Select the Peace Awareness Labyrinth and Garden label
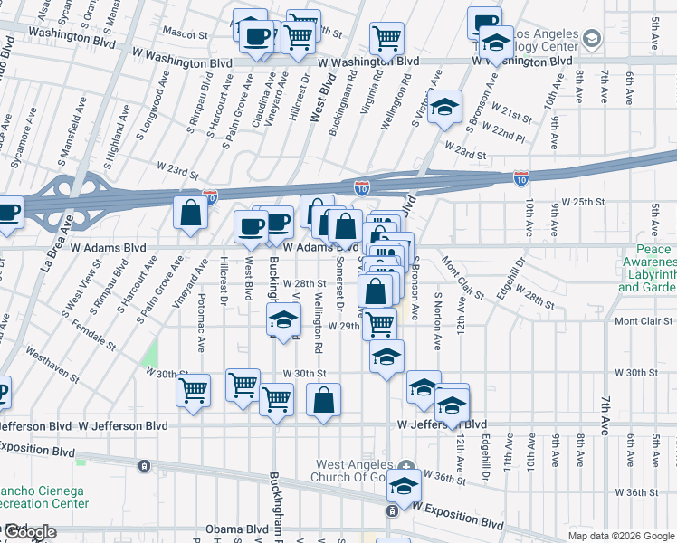(x=645, y=269)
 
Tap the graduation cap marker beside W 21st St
(x=444, y=107)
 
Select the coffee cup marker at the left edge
(x=7, y=214)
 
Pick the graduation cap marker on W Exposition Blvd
(x=404, y=487)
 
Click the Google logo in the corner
(x=29, y=532)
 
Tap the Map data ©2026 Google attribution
(x=620, y=536)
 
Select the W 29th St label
(x=344, y=326)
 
